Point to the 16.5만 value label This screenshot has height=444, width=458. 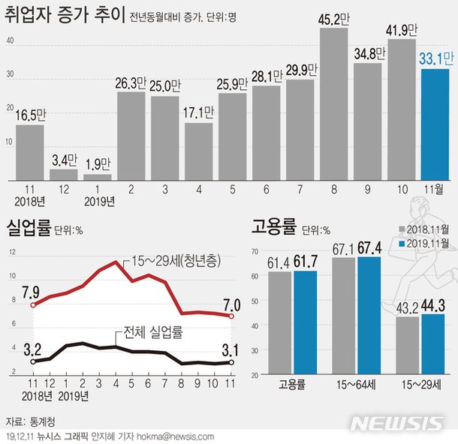[31, 115]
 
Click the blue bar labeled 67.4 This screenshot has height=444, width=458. [369, 315]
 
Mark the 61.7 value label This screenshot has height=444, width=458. [306, 261]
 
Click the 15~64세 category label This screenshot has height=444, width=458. [357, 386]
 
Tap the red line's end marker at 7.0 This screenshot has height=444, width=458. [231, 316]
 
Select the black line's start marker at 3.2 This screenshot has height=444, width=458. [32, 361]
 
